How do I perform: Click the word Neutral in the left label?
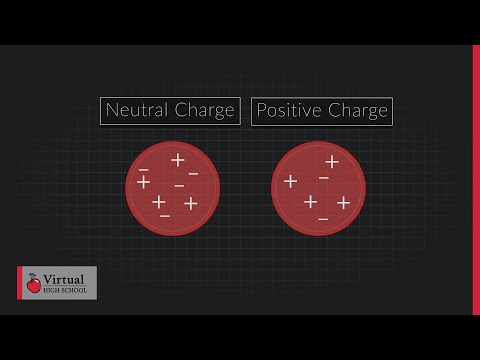tap(135, 111)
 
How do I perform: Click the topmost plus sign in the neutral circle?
tap(178, 160)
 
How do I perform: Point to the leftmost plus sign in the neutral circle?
tap(143, 182)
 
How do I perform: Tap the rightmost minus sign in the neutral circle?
tap(193, 174)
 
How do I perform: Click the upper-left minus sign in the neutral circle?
tap(144, 169)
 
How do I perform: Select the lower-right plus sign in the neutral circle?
tap(190, 204)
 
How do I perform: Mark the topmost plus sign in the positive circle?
tap(332, 161)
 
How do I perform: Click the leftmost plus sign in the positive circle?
tap(290, 181)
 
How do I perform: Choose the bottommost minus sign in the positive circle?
tap(323, 217)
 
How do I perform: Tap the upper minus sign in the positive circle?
tap(323, 178)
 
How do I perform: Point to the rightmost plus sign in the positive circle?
tap(343, 203)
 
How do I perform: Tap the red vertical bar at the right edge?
tap(476, 180)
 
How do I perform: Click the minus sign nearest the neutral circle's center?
tap(179, 186)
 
